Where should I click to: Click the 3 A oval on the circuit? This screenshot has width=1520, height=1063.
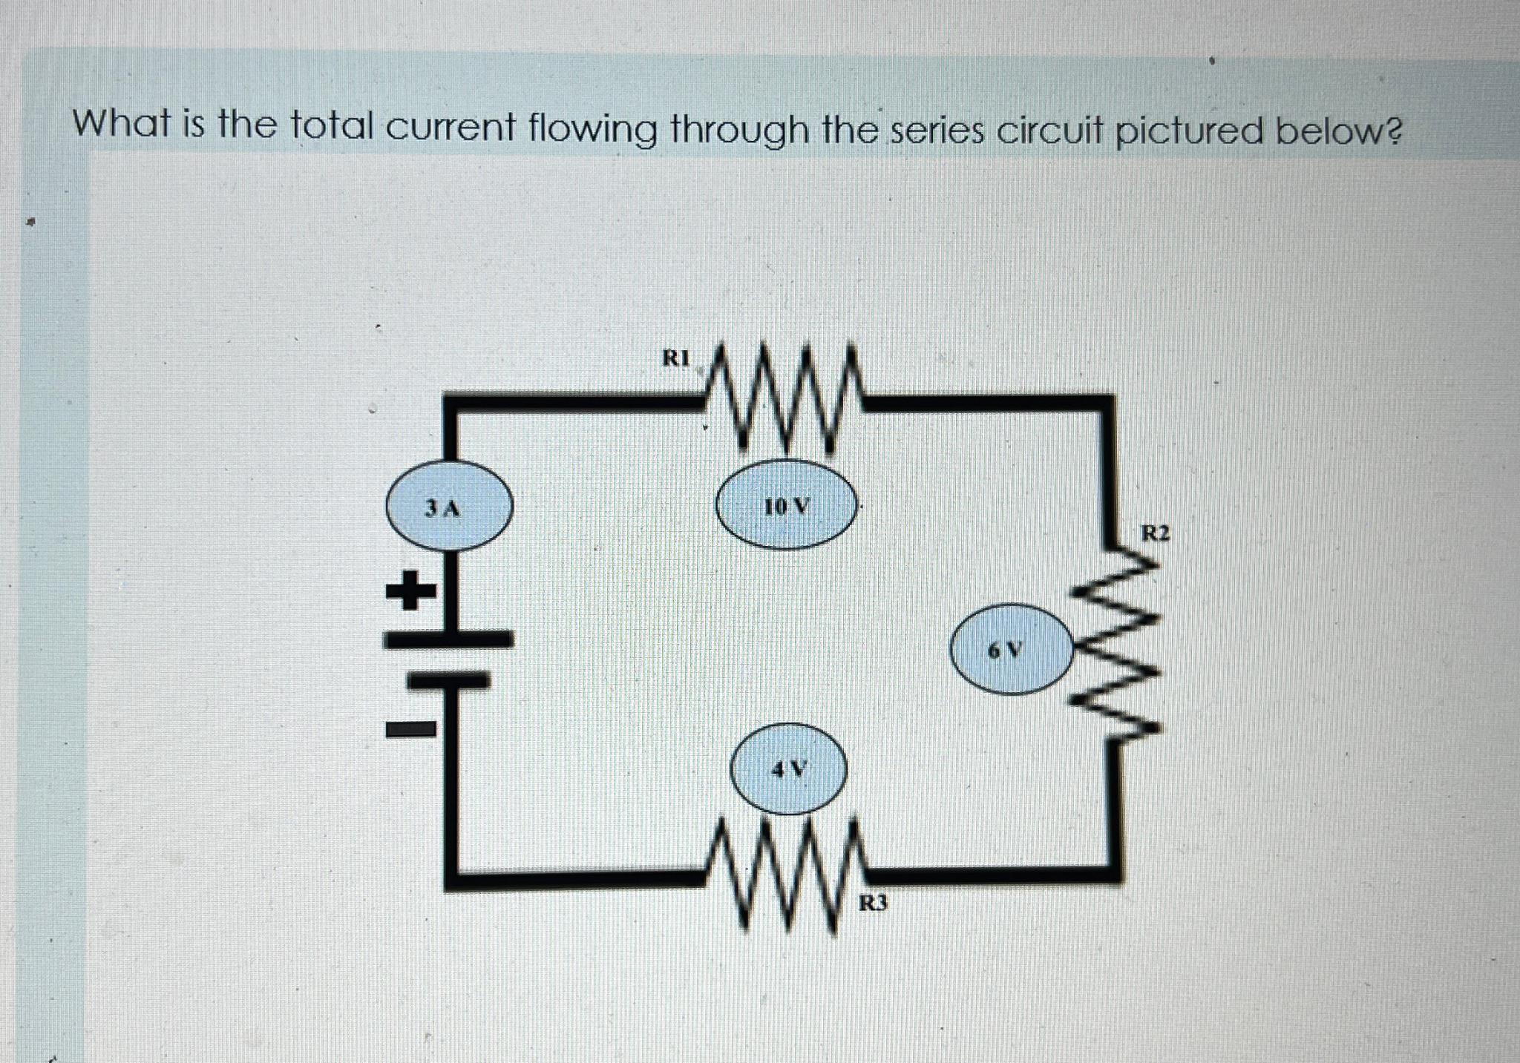[x=449, y=507]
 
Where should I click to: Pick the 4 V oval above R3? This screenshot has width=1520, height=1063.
[x=788, y=769]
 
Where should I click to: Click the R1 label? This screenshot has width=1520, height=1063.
[x=675, y=358]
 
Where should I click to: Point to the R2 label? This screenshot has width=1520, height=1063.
[x=1155, y=533]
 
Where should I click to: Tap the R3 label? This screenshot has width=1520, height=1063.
[x=873, y=903]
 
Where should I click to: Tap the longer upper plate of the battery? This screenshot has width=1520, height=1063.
[x=449, y=638]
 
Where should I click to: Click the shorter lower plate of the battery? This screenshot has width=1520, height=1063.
[x=449, y=679]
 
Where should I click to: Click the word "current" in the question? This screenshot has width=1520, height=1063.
[x=450, y=128]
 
